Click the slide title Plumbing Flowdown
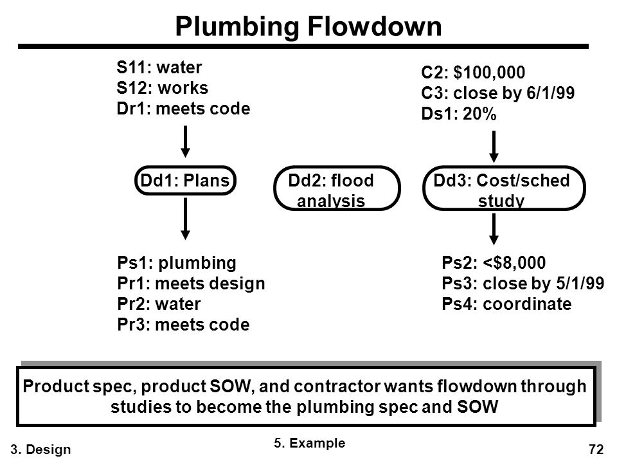[308, 27]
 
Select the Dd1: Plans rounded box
[185, 181]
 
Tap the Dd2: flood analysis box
[337, 188]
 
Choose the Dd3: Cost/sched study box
[504, 188]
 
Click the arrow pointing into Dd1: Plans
[185, 141]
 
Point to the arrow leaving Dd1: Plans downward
[185, 219]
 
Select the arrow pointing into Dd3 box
[494, 147]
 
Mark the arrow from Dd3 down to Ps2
[494, 229]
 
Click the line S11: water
[159, 68]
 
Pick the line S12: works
[162, 88]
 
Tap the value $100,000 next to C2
[489, 73]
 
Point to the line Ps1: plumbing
[177, 263]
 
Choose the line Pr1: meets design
[192, 284]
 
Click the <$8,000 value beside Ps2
[514, 263]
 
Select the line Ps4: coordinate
[507, 304]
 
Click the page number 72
[596, 449]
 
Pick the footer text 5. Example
[310, 443]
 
